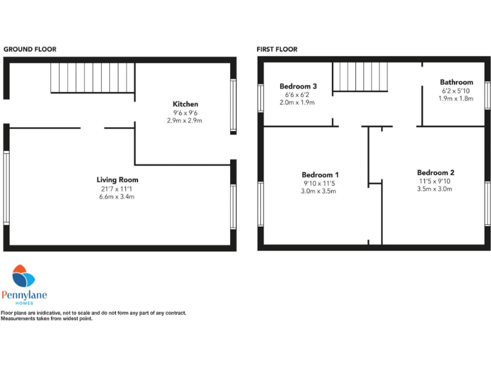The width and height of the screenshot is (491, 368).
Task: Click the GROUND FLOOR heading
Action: [x=30, y=49]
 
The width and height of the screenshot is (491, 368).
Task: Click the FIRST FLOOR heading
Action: [x=277, y=49]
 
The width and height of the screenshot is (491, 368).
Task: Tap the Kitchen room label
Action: [x=185, y=104]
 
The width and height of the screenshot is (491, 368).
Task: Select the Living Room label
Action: [x=117, y=180]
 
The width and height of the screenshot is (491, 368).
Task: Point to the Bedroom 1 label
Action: [x=320, y=174]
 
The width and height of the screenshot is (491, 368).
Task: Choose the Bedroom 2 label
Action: [x=435, y=172]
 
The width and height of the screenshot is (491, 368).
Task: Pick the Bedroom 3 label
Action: [x=299, y=86]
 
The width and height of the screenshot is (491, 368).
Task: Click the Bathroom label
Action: [x=456, y=82]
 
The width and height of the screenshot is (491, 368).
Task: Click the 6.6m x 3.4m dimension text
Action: [x=117, y=196]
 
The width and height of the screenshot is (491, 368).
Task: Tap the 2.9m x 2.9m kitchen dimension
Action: [x=185, y=120]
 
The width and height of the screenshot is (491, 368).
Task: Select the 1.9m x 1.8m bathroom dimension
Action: [x=456, y=98]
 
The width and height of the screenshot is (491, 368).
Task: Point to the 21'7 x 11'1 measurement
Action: [x=117, y=188]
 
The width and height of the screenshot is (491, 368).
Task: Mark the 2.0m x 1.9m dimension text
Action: [x=298, y=102]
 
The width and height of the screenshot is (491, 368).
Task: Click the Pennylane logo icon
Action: [x=24, y=276]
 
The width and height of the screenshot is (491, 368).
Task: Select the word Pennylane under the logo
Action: [x=24, y=295]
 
